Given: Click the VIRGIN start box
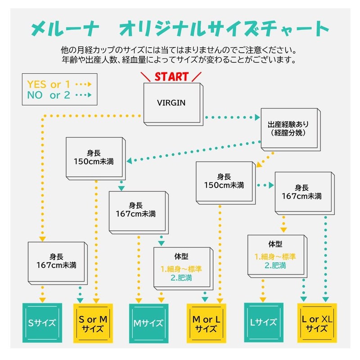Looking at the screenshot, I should click(171, 103).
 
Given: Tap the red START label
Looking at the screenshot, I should click(171, 76).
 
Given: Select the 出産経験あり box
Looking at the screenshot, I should click(288, 128).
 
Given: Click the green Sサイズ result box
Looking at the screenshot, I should click(42, 322).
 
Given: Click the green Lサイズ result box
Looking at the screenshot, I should click(263, 322).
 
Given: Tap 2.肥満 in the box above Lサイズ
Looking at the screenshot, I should click(275, 265).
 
